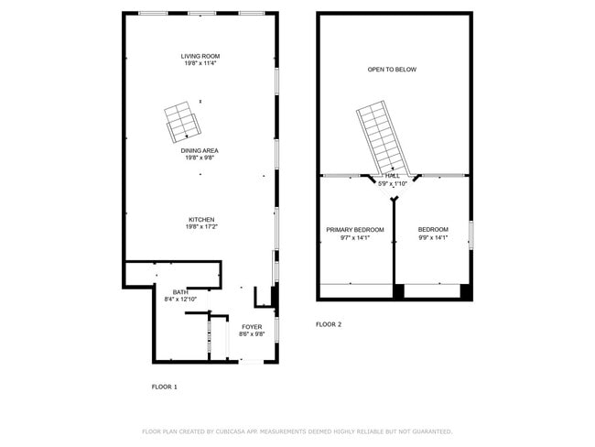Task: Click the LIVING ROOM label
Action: tap(200, 57)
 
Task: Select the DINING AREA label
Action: tap(200, 151)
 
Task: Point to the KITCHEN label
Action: tap(201, 220)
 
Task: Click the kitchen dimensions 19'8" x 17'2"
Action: tap(201, 227)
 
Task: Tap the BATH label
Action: tap(180, 292)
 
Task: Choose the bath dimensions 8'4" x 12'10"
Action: tap(186, 300)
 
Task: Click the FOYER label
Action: tap(252, 327)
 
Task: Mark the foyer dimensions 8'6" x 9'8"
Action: tap(252, 334)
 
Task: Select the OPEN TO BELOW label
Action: tap(392, 70)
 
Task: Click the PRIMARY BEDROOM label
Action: tap(355, 229)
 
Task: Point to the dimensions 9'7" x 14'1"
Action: tap(355, 237)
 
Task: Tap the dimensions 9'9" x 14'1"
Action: tap(433, 237)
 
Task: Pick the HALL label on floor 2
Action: tap(394, 177)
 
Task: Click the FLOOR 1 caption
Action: tap(165, 387)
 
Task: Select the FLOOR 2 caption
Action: tap(329, 324)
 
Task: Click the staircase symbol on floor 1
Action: tap(180, 123)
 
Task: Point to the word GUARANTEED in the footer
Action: tap(429, 431)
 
